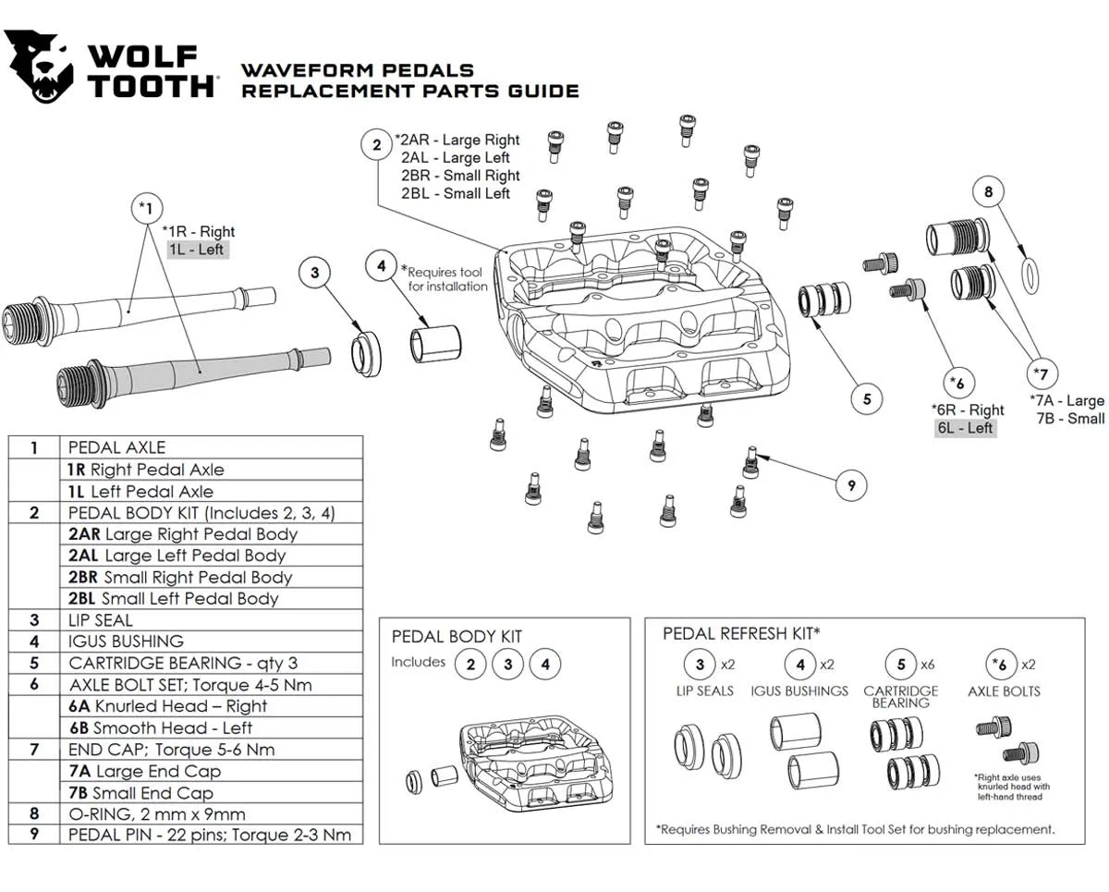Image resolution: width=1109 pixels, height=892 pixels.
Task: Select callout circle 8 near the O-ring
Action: point(988,192)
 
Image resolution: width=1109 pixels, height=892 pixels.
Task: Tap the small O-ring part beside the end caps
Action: point(1028,274)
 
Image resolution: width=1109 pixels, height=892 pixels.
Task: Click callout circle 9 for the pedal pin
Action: point(851,483)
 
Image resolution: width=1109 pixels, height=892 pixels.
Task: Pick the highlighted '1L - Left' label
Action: point(196,250)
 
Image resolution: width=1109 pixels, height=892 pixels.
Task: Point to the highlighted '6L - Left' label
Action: point(965,428)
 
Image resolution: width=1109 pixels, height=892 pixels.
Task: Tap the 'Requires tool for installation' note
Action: point(447,279)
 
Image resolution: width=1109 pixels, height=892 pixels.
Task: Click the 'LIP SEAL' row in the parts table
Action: point(101,620)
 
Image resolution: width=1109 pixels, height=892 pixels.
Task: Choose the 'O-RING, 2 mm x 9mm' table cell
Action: point(157,814)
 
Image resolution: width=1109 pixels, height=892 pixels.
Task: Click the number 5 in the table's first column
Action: point(34,663)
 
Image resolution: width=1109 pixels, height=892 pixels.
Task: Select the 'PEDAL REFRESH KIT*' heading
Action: point(741,633)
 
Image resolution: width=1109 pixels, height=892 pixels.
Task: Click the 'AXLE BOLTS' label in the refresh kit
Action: point(1004,691)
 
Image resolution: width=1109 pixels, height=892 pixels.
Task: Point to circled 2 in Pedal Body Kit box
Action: point(470,664)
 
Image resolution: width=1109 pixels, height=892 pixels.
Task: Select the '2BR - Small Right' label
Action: point(460,176)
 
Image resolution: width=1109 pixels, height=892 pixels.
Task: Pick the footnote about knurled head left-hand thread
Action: point(1011,787)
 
